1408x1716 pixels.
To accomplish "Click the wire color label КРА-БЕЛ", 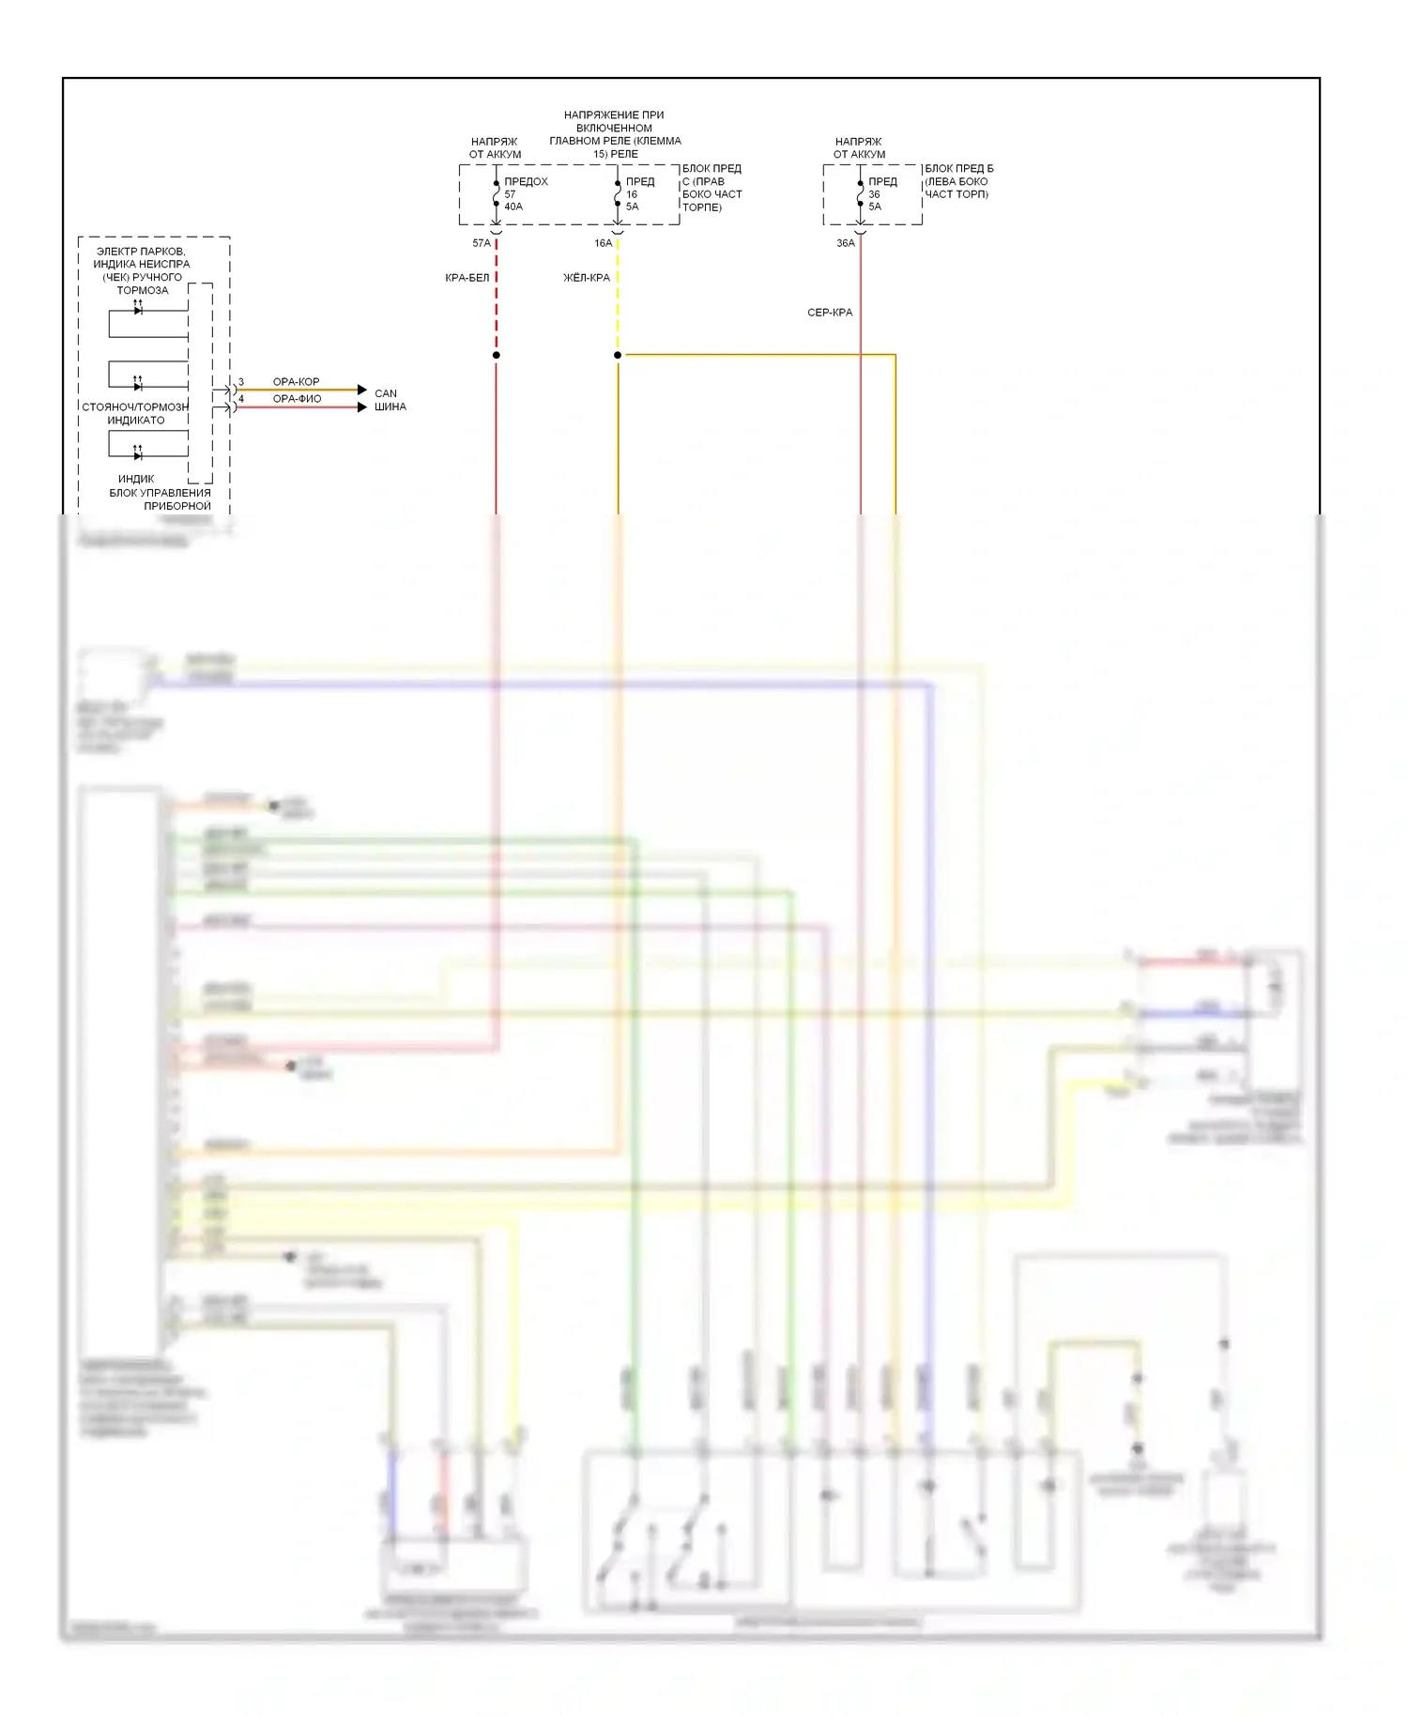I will tap(467, 278).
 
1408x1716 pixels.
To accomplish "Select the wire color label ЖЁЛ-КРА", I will tap(587, 278).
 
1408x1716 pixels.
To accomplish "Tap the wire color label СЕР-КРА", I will tap(830, 313).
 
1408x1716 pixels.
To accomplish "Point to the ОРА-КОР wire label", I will tap(296, 382).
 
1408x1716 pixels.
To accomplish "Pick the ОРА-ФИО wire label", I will tap(297, 399).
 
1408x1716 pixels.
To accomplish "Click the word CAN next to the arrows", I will tap(386, 393).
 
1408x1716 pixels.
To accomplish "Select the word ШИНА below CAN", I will tap(390, 406).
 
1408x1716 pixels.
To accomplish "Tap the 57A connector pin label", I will tap(481, 243).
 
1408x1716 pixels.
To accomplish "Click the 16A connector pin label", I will tap(603, 243).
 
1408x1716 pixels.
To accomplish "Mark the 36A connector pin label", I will tap(845, 243).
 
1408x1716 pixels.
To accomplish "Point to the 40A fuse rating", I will tap(513, 207).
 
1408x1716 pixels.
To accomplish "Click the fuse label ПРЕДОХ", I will tap(526, 181).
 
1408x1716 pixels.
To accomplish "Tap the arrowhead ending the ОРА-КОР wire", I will tap(362, 390).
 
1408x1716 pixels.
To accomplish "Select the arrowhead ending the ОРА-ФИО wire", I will tap(362, 406).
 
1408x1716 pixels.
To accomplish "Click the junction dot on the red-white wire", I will tap(496, 355).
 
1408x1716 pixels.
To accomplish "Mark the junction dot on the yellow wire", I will tap(618, 355).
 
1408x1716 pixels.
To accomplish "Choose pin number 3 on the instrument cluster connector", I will tap(241, 382).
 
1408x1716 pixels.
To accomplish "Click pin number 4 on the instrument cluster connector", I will tap(241, 399).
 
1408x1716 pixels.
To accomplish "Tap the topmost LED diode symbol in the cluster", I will tap(138, 310).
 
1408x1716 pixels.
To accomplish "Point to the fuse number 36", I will tap(874, 194).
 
